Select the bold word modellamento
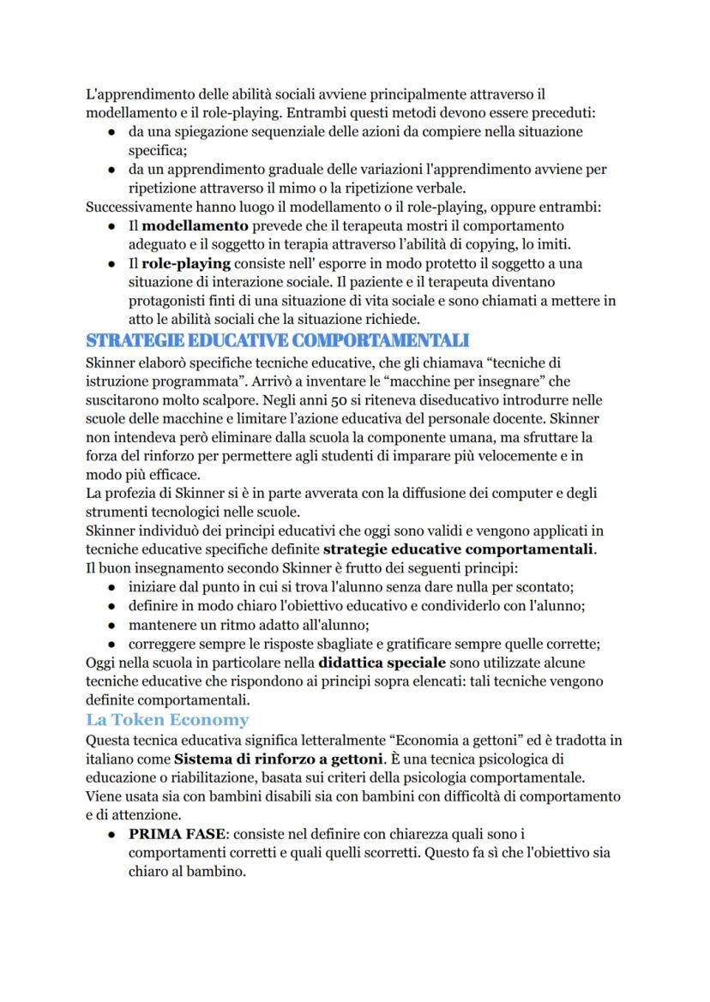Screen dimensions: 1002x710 pos(195,226)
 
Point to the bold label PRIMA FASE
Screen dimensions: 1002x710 pos(177,833)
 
